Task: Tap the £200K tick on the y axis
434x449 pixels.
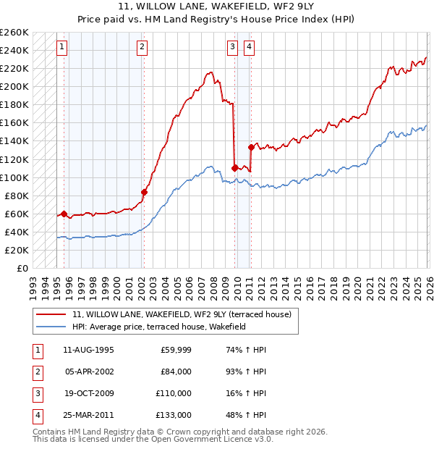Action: [x=14, y=86]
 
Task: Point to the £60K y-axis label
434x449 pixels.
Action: [x=16, y=214]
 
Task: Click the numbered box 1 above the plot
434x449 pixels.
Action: [x=62, y=48]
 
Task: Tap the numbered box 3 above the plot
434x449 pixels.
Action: [x=232, y=48]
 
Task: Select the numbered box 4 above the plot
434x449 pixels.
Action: [x=249, y=48]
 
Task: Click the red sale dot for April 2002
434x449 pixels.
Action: [x=144, y=192]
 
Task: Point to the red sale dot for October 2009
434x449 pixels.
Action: [x=235, y=168]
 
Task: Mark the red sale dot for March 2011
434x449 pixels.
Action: [x=252, y=147]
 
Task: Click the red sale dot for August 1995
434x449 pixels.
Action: [x=64, y=214]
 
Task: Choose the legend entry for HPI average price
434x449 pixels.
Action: [x=159, y=327]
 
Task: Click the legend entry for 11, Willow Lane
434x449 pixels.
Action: [x=181, y=314]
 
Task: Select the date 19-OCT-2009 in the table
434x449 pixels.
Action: [x=88, y=393]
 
